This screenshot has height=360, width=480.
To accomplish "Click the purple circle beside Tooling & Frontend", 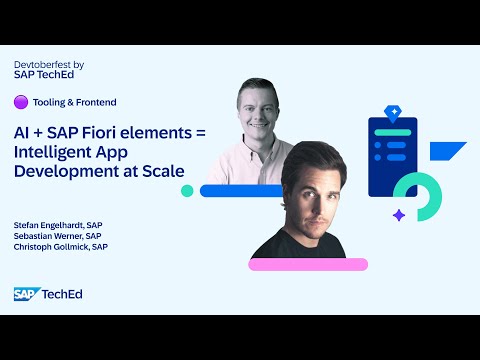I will coord(20,101).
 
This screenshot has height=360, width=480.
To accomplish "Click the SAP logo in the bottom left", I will coord(25,294).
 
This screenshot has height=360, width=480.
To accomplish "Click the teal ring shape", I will coord(419,196).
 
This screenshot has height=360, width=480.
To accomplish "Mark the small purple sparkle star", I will coord(398,214).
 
